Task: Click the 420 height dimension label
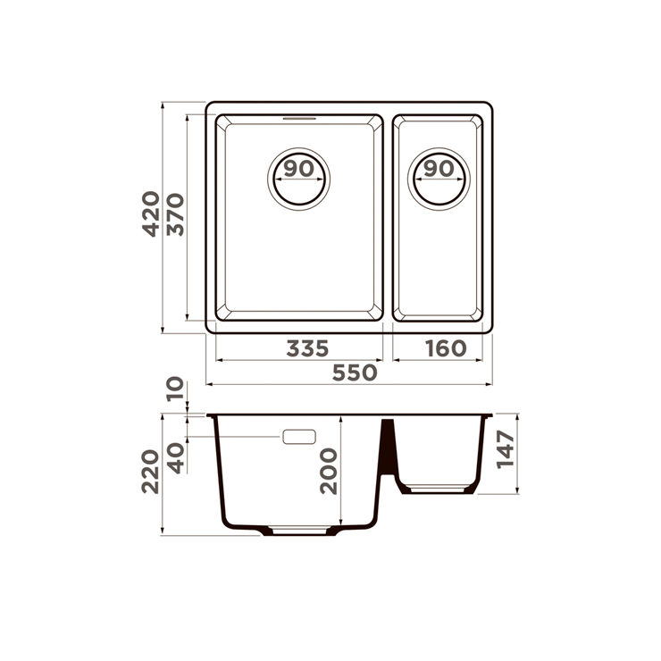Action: point(150,213)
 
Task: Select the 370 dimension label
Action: point(175,214)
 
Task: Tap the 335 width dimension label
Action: point(307,348)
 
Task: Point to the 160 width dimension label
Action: point(446,348)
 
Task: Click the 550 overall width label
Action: point(355,372)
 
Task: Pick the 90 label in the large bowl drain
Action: point(299,169)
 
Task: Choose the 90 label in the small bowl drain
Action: point(439,169)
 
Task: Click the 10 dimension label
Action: point(175,389)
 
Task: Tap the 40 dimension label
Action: point(175,458)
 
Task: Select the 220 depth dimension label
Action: point(150,473)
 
